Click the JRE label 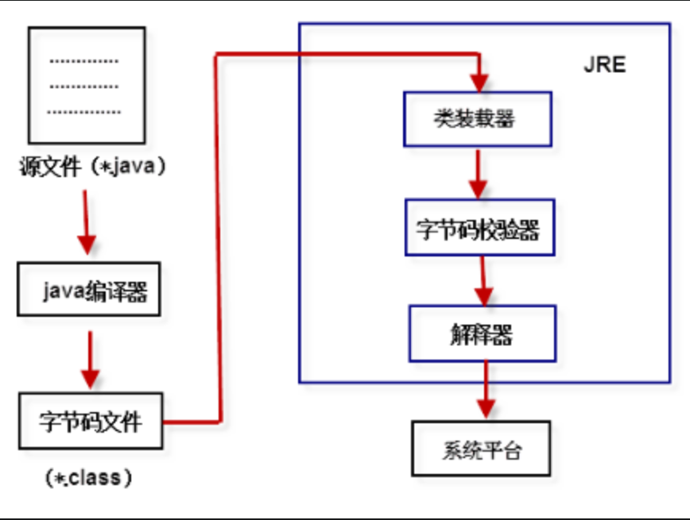(x=605, y=64)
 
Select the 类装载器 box (x=477, y=119)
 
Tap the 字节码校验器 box (x=479, y=229)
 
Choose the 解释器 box (x=482, y=333)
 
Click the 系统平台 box (x=479, y=449)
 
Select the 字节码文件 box (x=90, y=421)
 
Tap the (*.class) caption (x=89, y=477)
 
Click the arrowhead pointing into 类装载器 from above (x=479, y=83)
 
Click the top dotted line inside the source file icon (x=84, y=61)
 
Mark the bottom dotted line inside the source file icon (x=84, y=112)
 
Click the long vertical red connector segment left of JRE (x=217, y=238)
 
